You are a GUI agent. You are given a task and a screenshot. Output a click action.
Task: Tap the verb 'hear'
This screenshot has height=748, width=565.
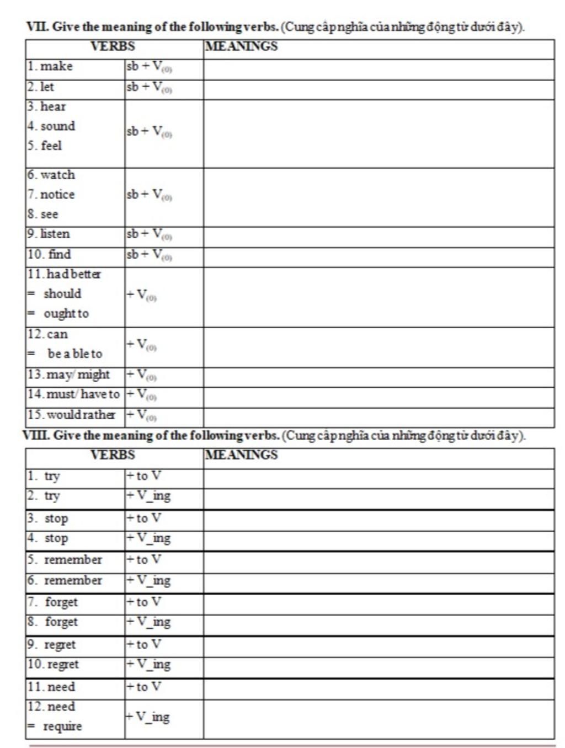(53, 106)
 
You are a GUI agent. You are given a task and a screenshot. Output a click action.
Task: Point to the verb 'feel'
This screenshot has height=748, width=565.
(51, 146)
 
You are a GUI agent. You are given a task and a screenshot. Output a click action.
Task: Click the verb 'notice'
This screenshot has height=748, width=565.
(57, 195)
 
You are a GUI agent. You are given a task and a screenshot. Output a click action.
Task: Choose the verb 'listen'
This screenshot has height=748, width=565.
(55, 234)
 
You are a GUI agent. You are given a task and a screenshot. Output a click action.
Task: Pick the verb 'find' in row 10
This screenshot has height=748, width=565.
(59, 254)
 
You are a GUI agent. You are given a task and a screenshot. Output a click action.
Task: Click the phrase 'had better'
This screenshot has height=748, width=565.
(73, 274)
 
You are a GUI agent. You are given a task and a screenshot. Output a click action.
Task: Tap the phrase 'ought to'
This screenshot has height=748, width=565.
(66, 314)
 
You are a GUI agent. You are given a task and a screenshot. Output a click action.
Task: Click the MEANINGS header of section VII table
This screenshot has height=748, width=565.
(241, 46)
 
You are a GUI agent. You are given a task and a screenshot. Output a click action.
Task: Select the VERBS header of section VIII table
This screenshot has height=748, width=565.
(113, 455)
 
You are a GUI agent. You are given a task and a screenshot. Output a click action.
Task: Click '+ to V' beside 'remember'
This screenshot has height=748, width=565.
(144, 560)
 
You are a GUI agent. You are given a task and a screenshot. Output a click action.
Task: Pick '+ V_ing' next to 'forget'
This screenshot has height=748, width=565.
(148, 623)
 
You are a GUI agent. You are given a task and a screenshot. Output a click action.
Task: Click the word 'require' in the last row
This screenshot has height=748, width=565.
(62, 726)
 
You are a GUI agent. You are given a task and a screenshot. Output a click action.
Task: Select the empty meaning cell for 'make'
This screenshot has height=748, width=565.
(379, 70)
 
